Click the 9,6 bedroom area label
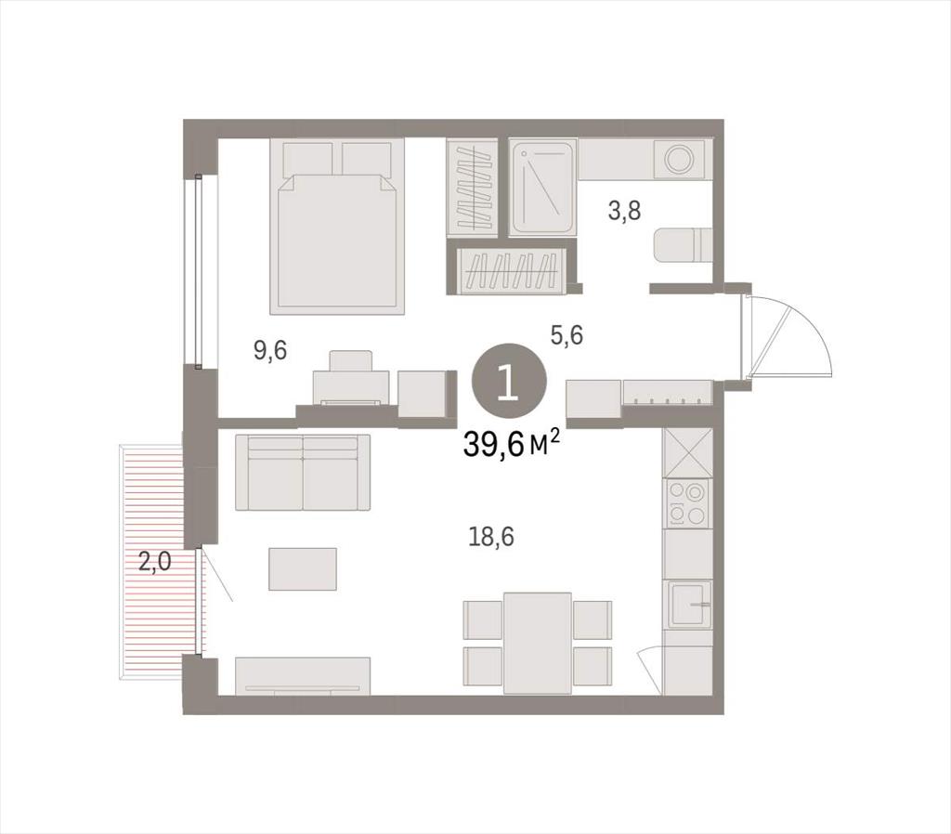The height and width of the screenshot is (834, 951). click(270, 351)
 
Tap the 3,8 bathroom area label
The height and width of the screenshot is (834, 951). click(625, 212)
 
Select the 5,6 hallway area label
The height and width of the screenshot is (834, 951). click(567, 334)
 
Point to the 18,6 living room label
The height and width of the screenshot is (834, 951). click(491, 537)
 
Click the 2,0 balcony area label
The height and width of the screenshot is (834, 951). click(155, 562)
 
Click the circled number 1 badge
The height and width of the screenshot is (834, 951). click(509, 381)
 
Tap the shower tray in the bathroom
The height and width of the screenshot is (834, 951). click(541, 188)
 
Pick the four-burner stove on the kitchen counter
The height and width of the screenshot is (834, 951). click(687, 502)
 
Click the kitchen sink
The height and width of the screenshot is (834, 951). click(690, 606)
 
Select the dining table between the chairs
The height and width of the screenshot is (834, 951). click(538, 643)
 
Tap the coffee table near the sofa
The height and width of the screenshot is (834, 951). click(303, 568)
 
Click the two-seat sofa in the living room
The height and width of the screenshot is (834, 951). click(303, 473)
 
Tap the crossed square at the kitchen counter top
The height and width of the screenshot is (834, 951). click(688, 452)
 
